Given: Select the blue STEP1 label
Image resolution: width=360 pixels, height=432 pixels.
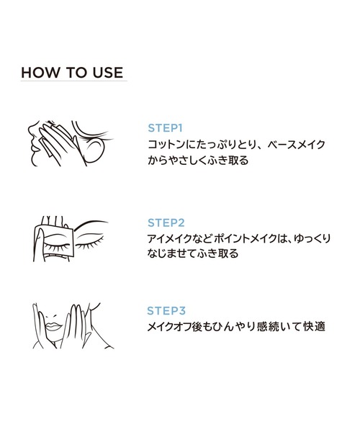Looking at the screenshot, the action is (x=166, y=128).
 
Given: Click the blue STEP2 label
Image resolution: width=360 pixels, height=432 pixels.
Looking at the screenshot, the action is (x=166, y=223).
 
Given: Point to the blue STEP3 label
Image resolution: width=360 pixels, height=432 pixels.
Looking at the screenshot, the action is (x=166, y=311).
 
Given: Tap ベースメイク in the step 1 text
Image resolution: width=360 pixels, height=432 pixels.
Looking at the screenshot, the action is (x=296, y=145).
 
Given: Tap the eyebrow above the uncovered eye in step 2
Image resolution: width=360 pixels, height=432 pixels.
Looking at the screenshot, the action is (x=90, y=224).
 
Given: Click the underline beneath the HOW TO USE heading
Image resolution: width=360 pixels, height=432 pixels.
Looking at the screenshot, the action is (x=74, y=81).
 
